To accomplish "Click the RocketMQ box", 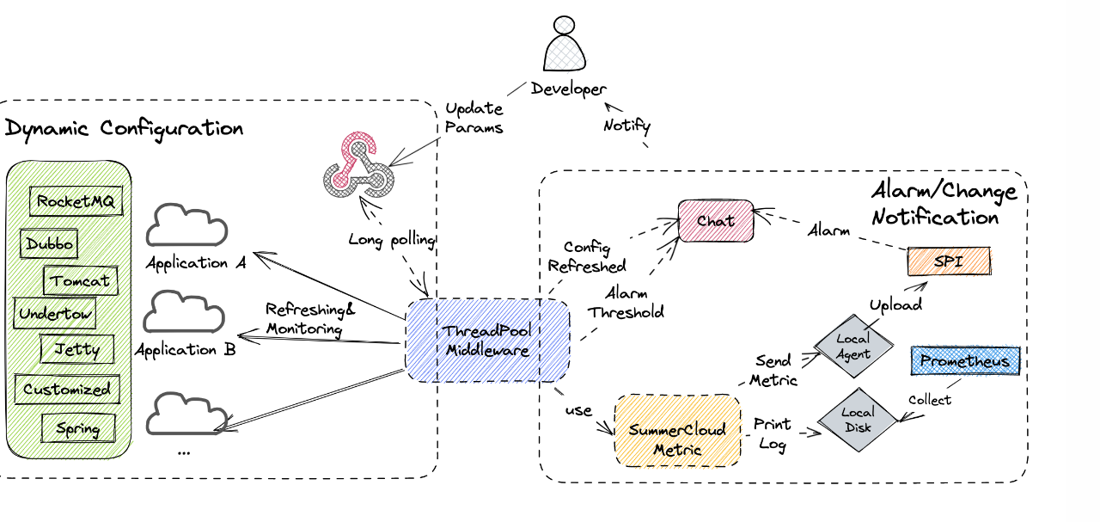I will [76, 202].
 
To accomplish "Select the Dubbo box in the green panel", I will [48, 243].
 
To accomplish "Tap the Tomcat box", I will [80, 280].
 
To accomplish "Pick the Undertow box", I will [55, 314].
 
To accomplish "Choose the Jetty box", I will [76, 349].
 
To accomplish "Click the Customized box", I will [66, 389].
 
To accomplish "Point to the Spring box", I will [77, 428].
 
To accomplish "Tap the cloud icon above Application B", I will [183, 313].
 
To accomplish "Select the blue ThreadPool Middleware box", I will [486, 341].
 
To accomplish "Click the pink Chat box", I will [716, 221].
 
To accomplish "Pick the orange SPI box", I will [948, 261].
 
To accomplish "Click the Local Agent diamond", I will [852, 347].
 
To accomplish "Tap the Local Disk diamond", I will [857, 419].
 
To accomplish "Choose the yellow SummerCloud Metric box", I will [677, 439].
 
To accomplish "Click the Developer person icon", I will [565, 47].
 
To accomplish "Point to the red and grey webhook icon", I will [359, 165].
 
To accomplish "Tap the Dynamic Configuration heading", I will [125, 129].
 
